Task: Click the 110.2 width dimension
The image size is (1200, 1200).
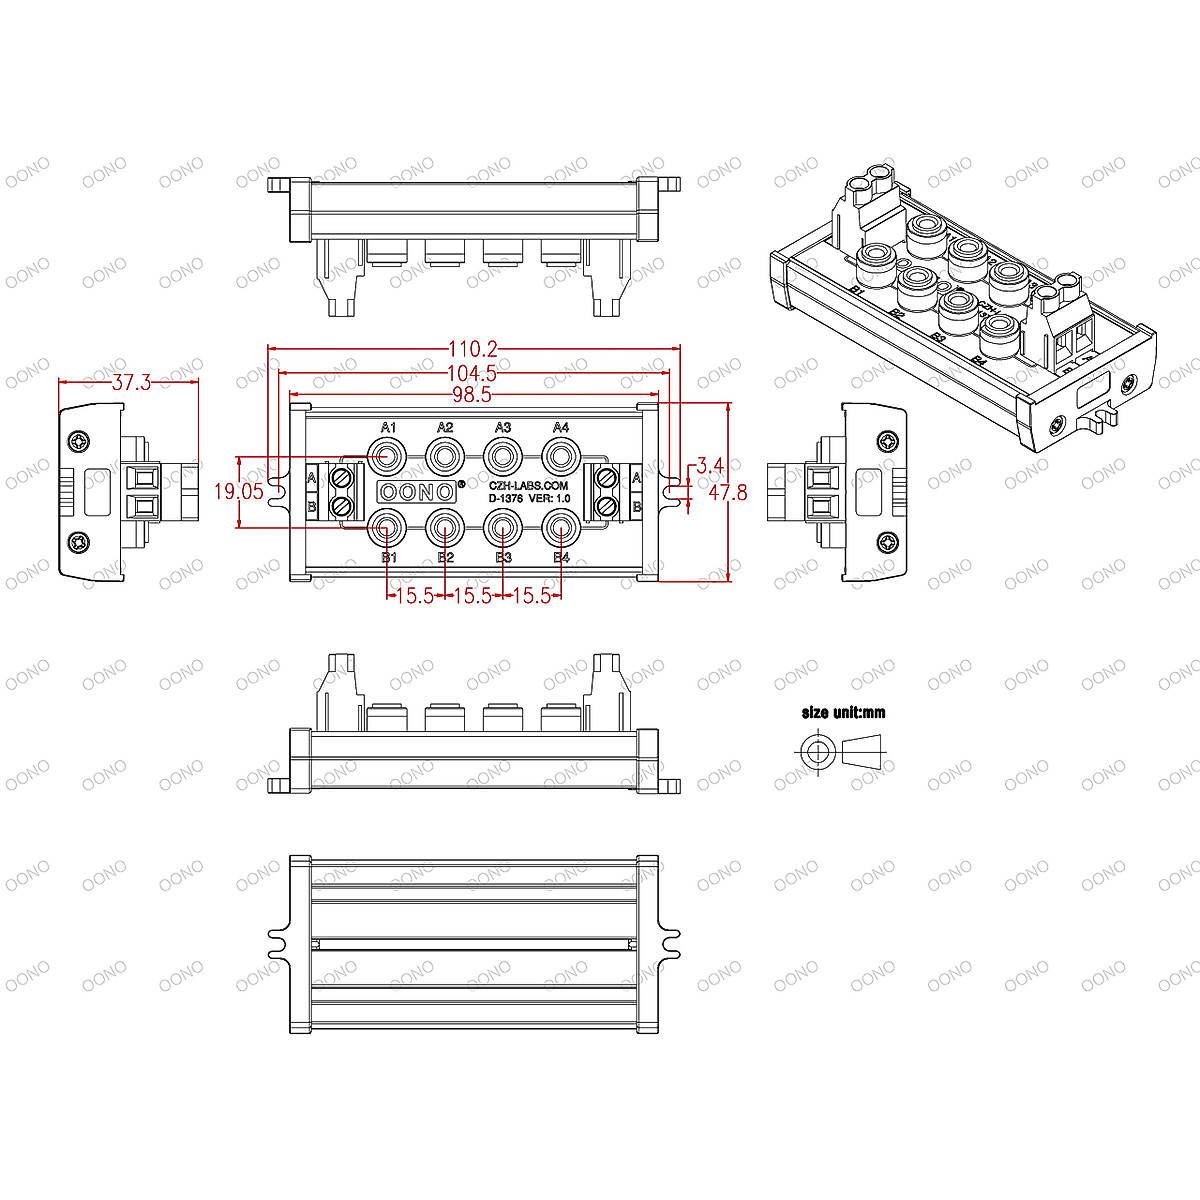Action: (473, 349)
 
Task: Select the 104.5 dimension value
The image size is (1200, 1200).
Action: (473, 373)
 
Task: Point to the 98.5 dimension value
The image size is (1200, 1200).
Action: (472, 395)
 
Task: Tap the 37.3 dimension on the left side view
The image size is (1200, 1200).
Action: (131, 382)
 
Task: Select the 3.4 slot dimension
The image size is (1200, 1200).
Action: (710, 466)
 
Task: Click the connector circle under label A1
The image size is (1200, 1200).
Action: (388, 457)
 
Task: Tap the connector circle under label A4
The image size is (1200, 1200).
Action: (561, 457)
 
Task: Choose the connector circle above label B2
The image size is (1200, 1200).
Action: (446, 525)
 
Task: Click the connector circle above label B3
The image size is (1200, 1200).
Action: (503, 525)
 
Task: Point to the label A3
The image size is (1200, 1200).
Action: (503, 428)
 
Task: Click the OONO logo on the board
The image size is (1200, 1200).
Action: (415, 491)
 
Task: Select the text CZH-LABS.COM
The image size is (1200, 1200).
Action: (528, 485)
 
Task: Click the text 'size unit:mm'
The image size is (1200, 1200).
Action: (843, 713)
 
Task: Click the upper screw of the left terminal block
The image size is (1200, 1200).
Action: (344, 477)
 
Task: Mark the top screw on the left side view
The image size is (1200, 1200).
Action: (78, 441)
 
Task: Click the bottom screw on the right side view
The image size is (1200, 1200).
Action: (887, 542)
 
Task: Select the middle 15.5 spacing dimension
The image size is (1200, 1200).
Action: (473, 596)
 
